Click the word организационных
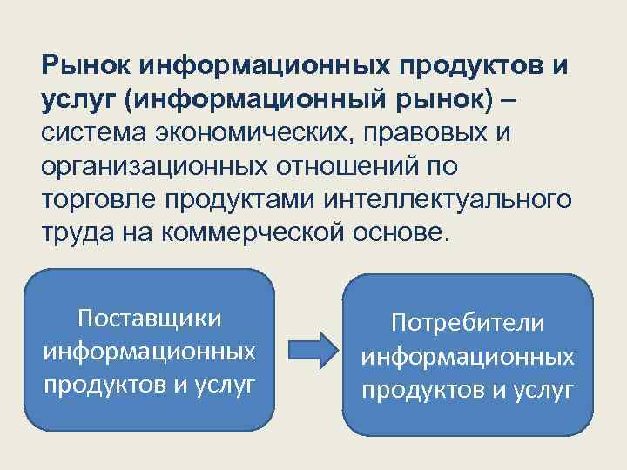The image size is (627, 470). coord(153,168)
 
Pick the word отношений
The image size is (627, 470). coord(345,168)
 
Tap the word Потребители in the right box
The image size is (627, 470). coord(468,323)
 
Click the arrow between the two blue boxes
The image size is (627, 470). coord(311,350)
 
